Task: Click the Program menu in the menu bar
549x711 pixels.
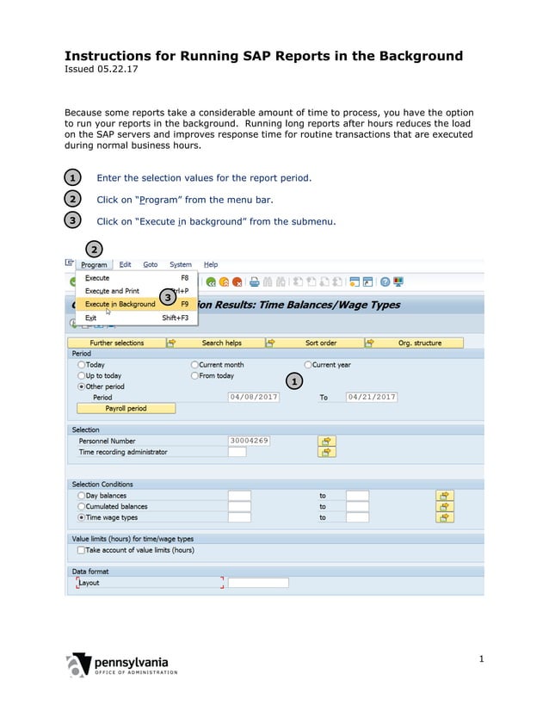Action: [x=94, y=265]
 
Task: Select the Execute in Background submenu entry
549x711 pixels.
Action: [x=120, y=304]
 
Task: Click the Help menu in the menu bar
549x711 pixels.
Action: [x=211, y=265]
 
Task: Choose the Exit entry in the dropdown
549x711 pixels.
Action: [x=91, y=318]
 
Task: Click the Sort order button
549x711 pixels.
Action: [x=321, y=343]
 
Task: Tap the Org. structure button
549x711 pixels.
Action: [x=419, y=343]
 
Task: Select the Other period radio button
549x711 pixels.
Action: [x=82, y=386]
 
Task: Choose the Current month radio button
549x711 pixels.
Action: [x=194, y=365]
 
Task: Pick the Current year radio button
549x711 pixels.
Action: [x=308, y=365]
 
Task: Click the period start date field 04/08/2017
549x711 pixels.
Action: [x=254, y=397]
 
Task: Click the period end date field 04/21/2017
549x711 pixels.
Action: [x=371, y=397]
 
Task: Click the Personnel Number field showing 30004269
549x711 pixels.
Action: [x=249, y=441]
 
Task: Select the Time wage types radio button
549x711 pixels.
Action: [x=82, y=517]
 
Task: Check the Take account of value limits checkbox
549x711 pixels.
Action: [x=81, y=549]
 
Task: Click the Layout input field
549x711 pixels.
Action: [x=257, y=583]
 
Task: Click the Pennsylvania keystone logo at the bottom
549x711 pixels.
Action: [x=80, y=665]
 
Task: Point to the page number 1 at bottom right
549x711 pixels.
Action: [x=482, y=659]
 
